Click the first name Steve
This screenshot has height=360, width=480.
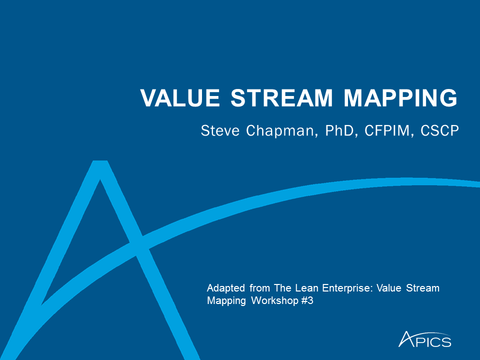[x=220, y=130]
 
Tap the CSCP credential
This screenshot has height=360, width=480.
[x=439, y=130]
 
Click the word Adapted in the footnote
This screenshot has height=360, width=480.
[x=226, y=288]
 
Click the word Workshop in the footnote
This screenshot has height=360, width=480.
[x=275, y=301]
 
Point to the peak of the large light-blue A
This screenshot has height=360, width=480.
[x=100, y=161]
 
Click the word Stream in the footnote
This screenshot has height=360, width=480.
[x=423, y=288]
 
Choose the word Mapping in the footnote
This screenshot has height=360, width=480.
[x=226, y=301]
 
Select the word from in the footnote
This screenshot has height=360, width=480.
[x=259, y=288]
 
